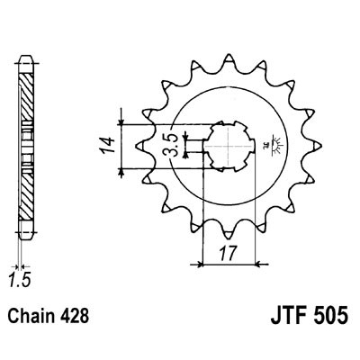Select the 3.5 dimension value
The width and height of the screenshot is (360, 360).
(170, 143)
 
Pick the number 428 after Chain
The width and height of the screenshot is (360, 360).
(76, 318)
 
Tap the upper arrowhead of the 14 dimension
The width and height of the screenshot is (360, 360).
(120, 120)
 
